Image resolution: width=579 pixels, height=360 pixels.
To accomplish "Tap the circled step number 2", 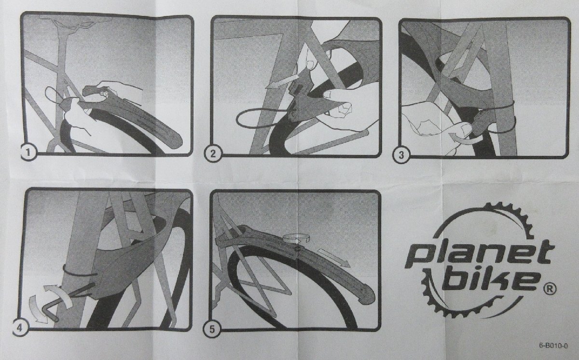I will (213, 154).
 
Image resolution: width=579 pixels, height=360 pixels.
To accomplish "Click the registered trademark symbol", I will (550, 289).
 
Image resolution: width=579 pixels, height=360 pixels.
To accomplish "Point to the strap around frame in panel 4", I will (77, 273).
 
